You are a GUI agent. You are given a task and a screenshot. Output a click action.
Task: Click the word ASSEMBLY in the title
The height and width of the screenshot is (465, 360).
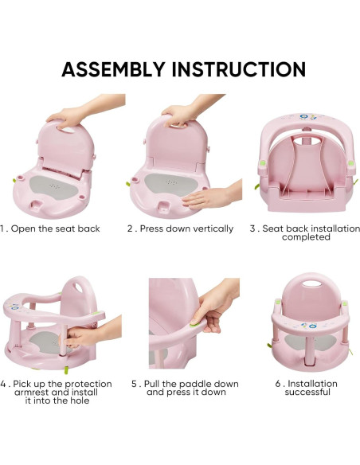(x=114, y=69)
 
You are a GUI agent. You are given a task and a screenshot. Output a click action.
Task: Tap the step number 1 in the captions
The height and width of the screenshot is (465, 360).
(x=3, y=229)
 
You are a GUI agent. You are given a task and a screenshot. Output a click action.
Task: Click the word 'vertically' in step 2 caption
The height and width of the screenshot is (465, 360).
(x=209, y=229)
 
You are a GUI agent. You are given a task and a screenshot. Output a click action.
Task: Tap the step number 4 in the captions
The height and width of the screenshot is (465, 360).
(x=3, y=384)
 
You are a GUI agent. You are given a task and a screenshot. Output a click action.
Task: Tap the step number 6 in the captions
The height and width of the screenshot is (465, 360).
(x=278, y=384)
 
